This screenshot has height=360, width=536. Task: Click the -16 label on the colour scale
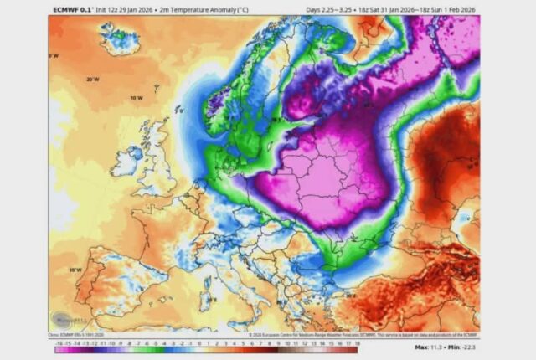(x=57, y=342)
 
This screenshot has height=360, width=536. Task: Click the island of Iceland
(x=117, y=38)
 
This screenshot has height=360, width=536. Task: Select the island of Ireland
(x=126, y=160)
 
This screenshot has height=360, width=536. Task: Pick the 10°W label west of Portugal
(x=75, y=270)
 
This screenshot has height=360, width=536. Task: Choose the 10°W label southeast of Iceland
(x=135, y=99)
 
